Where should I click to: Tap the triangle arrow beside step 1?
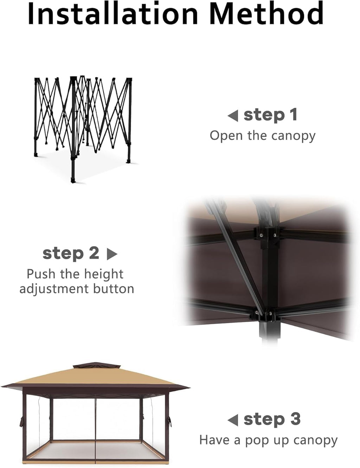[x=233, y=116]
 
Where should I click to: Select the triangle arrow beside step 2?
[x=112, y=254]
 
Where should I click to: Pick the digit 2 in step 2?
[x=94, y=253]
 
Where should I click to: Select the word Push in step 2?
[x=41, y=274]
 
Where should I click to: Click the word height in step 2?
[x=104, y=275]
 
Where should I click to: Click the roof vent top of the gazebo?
[x=96, y=366]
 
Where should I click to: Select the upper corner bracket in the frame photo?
[x=265, y=235]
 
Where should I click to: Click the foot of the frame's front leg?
[x=73, y=180]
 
